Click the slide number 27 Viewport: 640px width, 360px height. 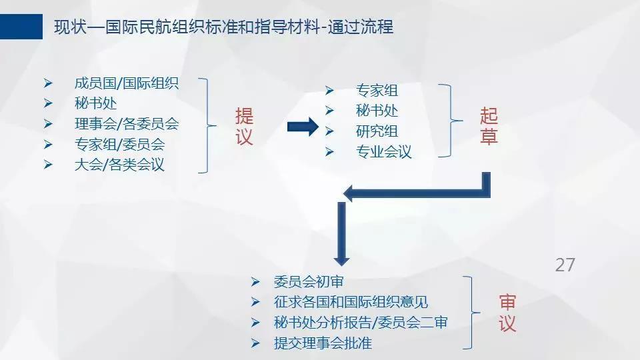click(565, 265)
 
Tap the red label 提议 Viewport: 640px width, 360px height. click(244, 127)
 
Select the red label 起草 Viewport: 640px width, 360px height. click(489, 126)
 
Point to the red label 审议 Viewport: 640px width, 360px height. click(507, 313)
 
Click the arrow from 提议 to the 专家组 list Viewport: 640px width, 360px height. click(303, 127)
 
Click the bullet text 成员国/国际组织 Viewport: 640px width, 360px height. click(127, 83)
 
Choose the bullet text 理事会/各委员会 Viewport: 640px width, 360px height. click(127, 124)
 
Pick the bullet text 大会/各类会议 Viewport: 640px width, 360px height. click(119, 165)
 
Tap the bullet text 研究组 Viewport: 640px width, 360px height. click(377, 131)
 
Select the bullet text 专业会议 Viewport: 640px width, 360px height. click(384, 151)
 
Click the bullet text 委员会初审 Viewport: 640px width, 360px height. click(309, 281)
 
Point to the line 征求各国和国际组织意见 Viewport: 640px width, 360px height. click(351, 302)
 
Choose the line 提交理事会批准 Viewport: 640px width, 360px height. click(323, 343)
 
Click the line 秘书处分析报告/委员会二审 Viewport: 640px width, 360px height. click(361, 323)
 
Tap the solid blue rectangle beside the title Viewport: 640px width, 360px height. click(21, 27)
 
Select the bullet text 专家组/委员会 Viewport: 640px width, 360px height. click(119, 144)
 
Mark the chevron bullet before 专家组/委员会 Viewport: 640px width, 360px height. click(48, 145)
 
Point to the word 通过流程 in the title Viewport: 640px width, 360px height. click(361, 27)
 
